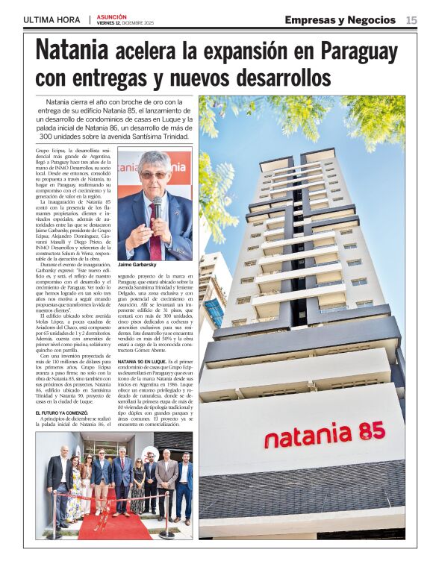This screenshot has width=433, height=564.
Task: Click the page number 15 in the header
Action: pyautogui.click(x=411, y=19)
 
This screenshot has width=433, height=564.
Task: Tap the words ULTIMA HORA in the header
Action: pyautogui.click(x=52, y=19)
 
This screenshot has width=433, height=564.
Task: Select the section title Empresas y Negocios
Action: pyautogui.click(x=340, y=19)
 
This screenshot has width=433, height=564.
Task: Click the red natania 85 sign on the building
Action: pyautogui.click(x=324, y=433)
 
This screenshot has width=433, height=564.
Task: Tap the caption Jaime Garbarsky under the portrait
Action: pyautogui.click(x=137, y=265)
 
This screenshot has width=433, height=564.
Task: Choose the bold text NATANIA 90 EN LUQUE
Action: pyautogui.click(x=146, y=360)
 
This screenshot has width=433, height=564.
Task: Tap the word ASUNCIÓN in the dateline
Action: pyautogui.click(x=112, y=16)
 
